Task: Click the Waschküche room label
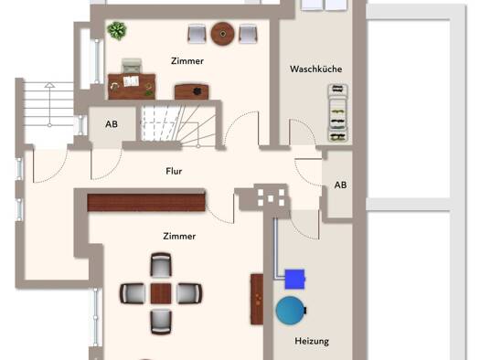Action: coord(316,69)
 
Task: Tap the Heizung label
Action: coord(312,341)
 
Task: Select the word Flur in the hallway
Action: coord(174,171)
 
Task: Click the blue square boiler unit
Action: coord(294,279)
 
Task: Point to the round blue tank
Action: coord(291,311)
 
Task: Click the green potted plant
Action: coord(117,30)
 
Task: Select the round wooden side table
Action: coord(222,34)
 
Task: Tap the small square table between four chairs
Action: coord(161,293)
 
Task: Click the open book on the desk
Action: coord(131,81)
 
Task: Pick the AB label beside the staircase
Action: coord(112,124)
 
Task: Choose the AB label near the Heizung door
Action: coord(340,185)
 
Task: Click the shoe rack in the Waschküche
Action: coord(338,113)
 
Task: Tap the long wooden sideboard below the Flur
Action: coord(146,203)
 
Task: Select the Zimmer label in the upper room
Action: coord(187,61)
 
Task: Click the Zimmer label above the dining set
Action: coord(179,236)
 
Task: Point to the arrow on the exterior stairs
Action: coord(49,105)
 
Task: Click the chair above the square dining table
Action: coord(161,266)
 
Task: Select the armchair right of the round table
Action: coord(248,34)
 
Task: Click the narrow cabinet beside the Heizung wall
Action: coord(257,299)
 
